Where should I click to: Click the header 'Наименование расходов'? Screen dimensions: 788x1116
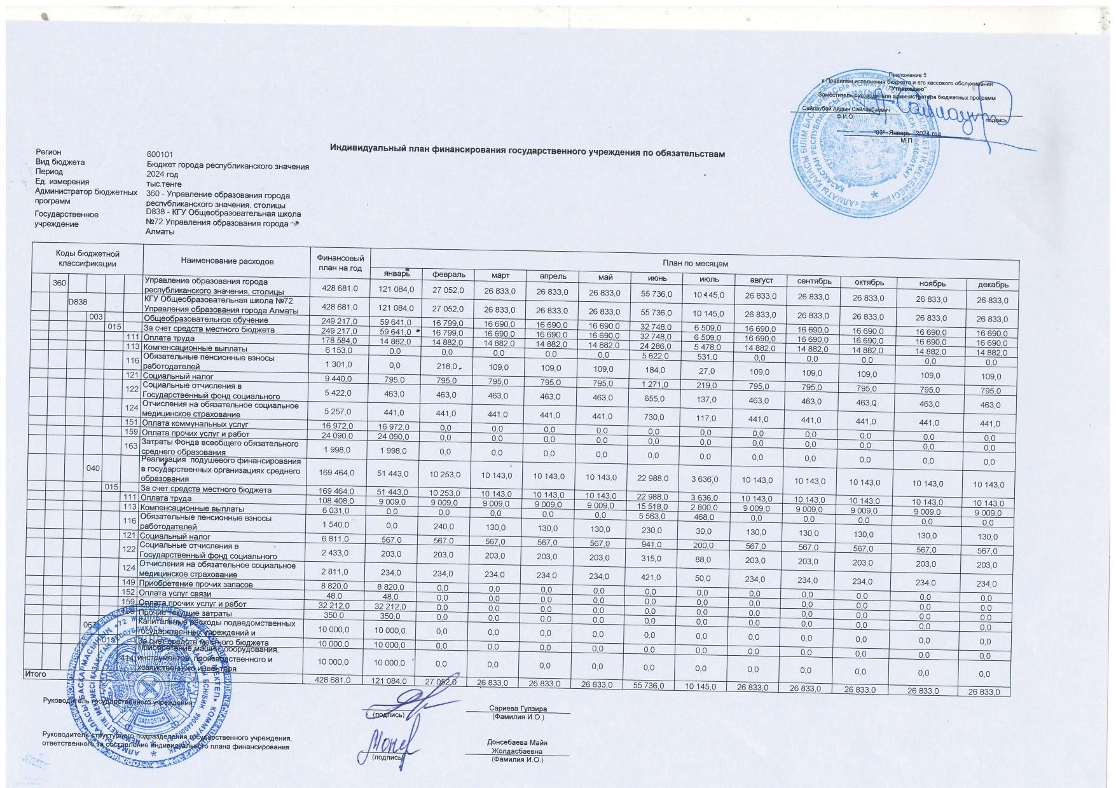click(x=227, y=261)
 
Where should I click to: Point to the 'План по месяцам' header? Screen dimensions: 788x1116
click(x=695, y=263)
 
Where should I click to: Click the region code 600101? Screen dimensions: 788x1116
click(x=160, y=154)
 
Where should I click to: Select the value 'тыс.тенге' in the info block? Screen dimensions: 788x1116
click(x=164, y=184)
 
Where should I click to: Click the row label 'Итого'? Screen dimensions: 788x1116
click(x=35, y=674)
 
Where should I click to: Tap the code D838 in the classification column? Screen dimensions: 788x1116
click(x=78, y=302)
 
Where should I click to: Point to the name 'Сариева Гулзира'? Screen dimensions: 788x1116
click(x=518, y=709)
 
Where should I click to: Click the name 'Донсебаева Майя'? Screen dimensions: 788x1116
click(x=517, y=742)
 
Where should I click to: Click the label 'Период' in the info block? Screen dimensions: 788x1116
click(x=49, y=172)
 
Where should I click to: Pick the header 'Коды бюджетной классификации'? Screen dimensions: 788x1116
click(x=87, y=259)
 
